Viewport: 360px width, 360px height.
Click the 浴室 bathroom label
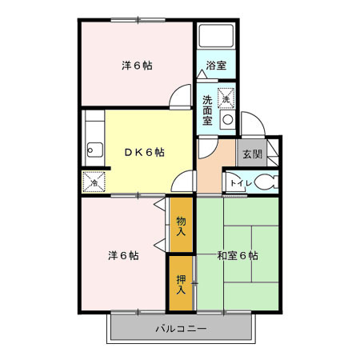[215, 66]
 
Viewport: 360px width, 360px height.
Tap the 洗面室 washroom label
[207, 110]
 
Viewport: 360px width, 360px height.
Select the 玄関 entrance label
[252, 154]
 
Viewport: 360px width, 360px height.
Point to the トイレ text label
[239, 182]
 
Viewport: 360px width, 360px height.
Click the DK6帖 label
[144, 152]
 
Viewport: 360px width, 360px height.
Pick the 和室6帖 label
[237, 256]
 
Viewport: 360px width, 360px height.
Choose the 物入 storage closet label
[181, 226]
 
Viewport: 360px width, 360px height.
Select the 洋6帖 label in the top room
[137, 66]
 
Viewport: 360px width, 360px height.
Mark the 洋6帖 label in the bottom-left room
[124, 256]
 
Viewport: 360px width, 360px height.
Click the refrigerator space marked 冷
[94, 182]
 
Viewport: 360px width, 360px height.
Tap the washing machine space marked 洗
[226, 98]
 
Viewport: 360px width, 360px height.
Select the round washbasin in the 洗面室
[227, 121]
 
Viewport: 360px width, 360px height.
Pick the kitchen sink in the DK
[94, 148]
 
